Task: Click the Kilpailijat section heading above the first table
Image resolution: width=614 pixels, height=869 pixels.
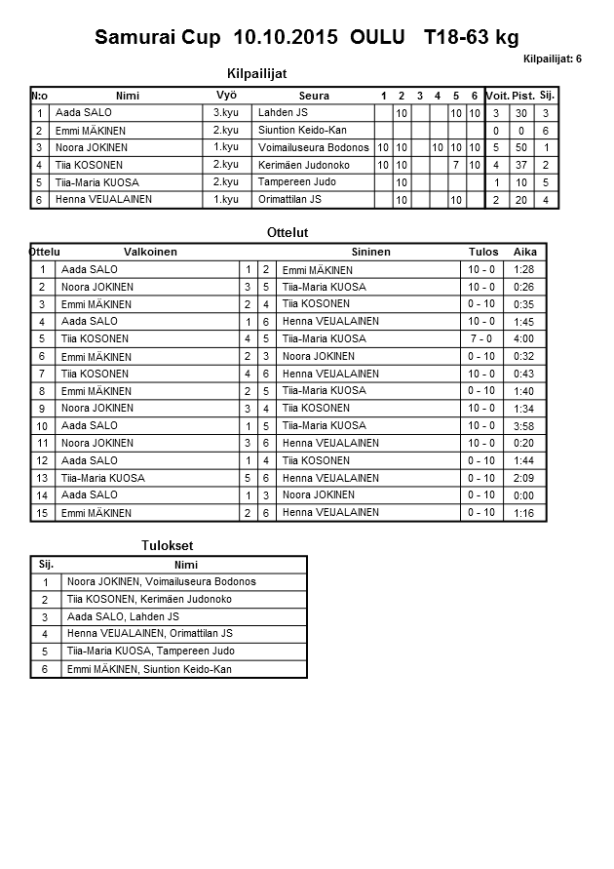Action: pos(256,73)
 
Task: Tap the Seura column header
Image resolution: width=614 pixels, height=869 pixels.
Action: pos(314,96)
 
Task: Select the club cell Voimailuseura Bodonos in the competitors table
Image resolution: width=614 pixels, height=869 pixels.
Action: pos(314,147)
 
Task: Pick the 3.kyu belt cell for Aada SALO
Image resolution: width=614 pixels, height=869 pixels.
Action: pos(226,113)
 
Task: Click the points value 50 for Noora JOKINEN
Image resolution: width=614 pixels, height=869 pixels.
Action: pos(522,147)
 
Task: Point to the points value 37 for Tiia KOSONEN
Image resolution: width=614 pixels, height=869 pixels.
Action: pos(522,165)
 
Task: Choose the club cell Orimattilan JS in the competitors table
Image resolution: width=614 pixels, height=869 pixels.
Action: pos(289,200)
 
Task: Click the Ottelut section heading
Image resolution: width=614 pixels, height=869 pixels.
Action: pos(288,233)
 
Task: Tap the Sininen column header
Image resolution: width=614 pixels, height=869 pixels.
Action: pos(370,252)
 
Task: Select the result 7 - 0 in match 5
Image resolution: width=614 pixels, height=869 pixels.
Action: pos(481,338)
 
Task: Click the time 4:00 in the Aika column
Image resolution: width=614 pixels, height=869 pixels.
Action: pos(523,338)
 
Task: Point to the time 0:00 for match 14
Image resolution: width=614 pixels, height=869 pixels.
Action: pos(523,494)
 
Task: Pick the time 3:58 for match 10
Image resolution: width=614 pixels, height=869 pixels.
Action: pos(523,425)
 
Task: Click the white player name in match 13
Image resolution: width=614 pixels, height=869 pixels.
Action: pos(102,478)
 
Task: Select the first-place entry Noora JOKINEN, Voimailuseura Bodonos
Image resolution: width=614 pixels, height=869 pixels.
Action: pos(161,581)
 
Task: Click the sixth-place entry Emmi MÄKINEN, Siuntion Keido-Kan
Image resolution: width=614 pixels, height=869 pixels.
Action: pos(149,669)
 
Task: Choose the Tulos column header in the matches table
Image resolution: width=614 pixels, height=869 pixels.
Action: pos(483,252)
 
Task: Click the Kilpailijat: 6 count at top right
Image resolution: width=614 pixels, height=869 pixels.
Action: pos(552,59)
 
